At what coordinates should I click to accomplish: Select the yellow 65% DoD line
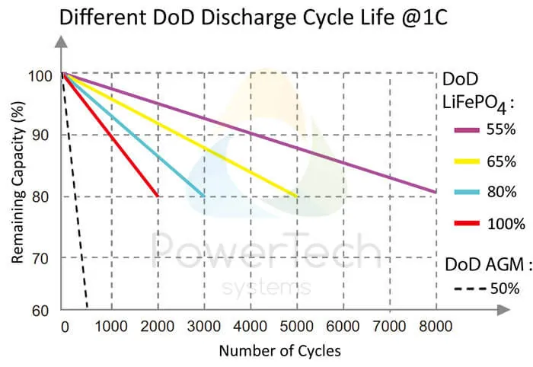point(183,136)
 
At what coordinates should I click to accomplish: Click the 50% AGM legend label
point(504,289)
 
